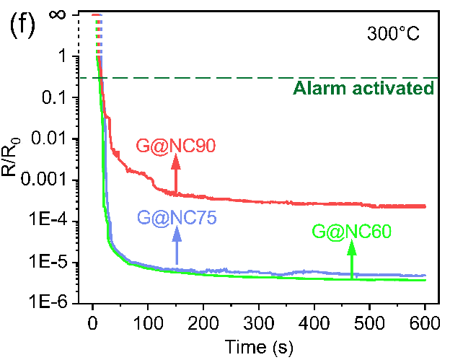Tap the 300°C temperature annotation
393,32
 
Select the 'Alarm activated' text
363,89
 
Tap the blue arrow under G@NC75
175,248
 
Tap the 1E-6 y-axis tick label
57,303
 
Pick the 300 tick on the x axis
259,322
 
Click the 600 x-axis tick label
425,322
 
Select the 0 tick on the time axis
92,322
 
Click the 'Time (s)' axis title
258,346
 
